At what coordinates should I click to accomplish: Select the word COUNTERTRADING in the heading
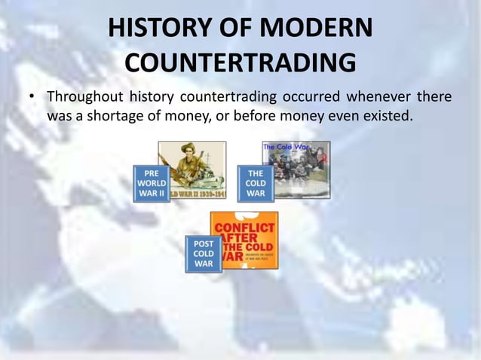pos(240,63)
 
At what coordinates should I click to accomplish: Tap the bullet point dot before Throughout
pos(32,99)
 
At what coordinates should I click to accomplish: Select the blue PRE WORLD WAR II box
pos(152,183)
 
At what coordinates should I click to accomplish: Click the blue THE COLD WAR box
pos(256,183)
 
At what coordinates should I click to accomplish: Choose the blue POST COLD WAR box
pos(204,254)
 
